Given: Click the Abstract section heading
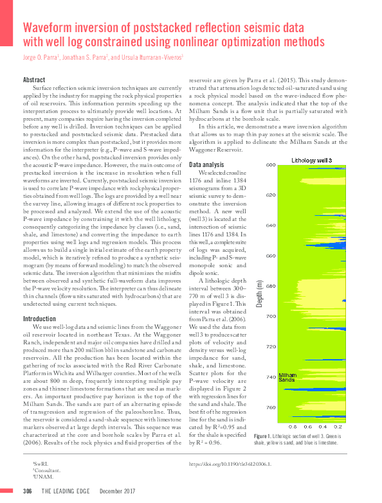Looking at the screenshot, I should click(x=33, y=80).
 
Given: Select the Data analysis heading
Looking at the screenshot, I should click(x=207, y=165).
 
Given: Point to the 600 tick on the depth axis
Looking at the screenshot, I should click(x=270, y=164).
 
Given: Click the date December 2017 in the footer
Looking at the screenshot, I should click(x=117, y=491).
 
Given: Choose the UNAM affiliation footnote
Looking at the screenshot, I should click(x=40, y=476).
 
